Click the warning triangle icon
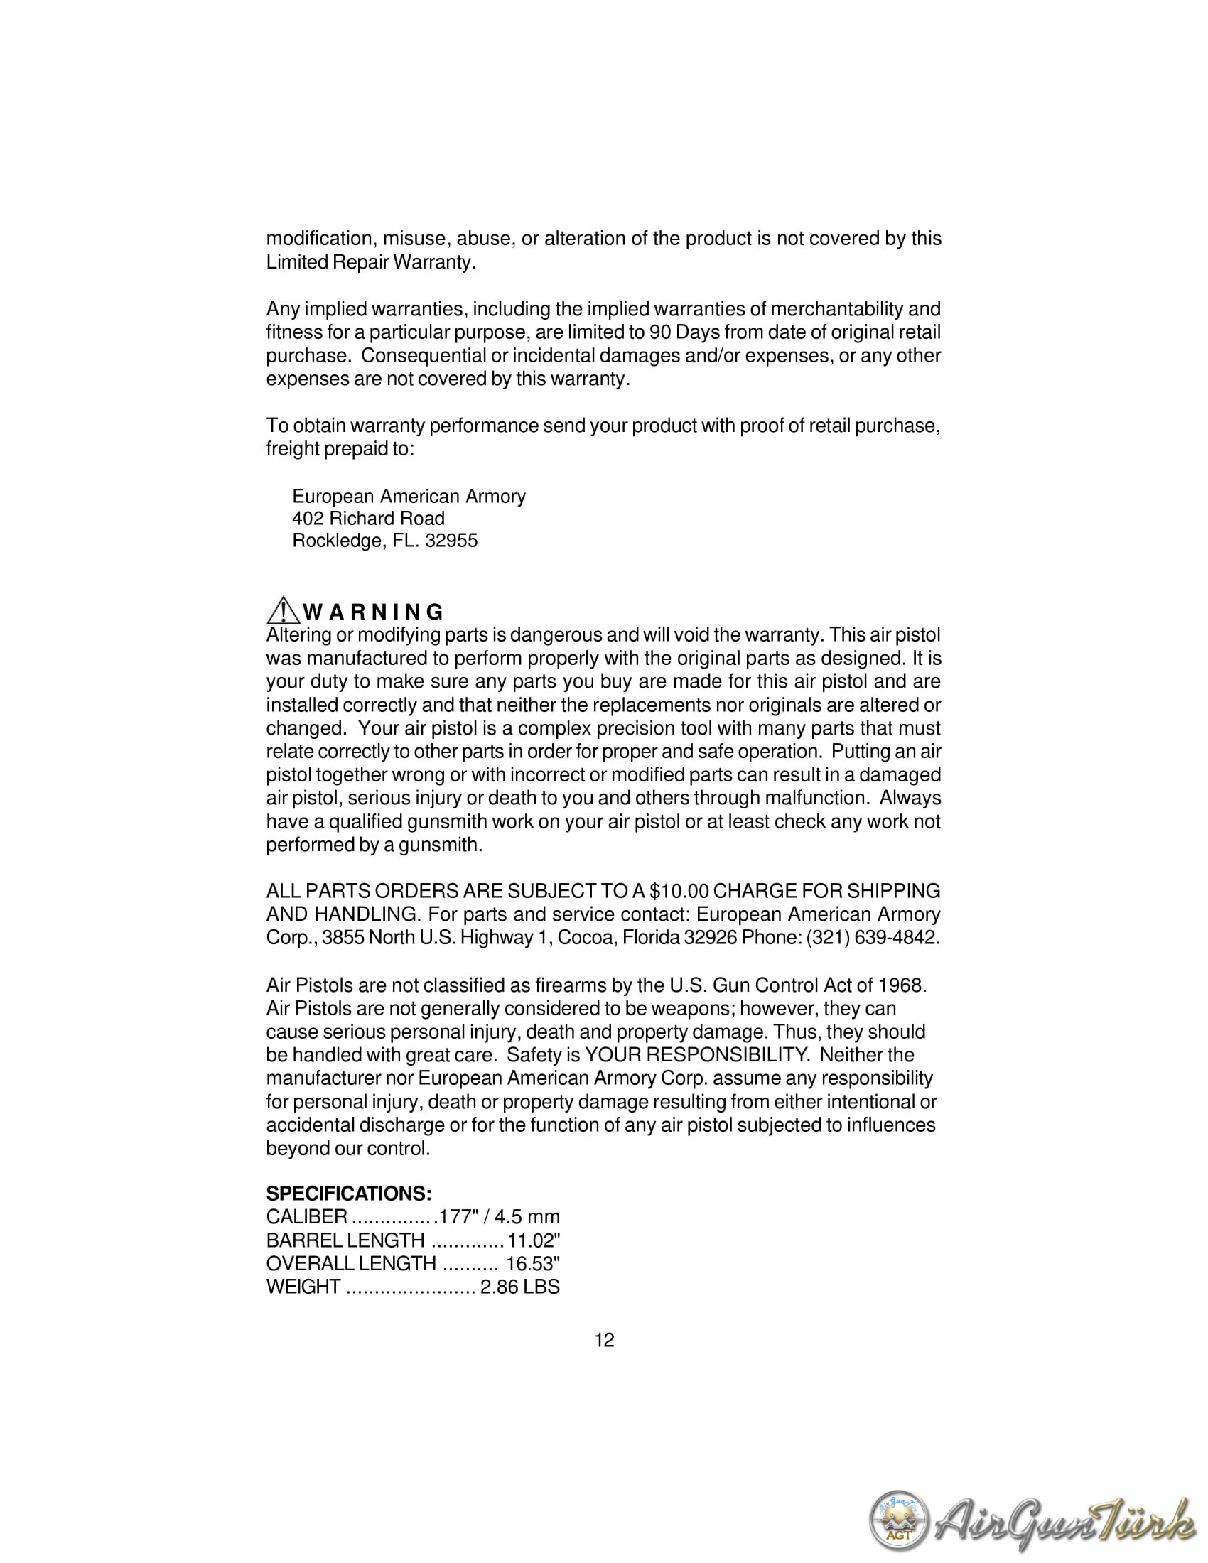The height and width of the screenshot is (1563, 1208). [x=284, y=610]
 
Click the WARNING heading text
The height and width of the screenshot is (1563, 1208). [x=373, y=612]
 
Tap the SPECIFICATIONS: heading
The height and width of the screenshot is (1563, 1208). [x=348, y=1194]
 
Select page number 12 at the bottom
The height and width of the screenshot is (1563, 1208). [x=604, y=1341]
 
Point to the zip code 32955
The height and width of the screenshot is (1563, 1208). [x=451, y=541]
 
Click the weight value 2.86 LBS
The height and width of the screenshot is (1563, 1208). [x=519, y=1287]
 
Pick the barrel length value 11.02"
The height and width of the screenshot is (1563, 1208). [x=533, y=1240]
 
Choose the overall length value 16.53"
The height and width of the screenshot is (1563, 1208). [x=533, y=1264]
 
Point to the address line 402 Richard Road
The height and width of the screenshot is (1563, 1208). [x=368, y=519]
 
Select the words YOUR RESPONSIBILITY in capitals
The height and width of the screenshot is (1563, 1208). [x=696, y=1055]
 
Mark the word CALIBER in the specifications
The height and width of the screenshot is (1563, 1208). [x=306, y=1217]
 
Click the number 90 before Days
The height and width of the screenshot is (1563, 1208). [x=659, y=332]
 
